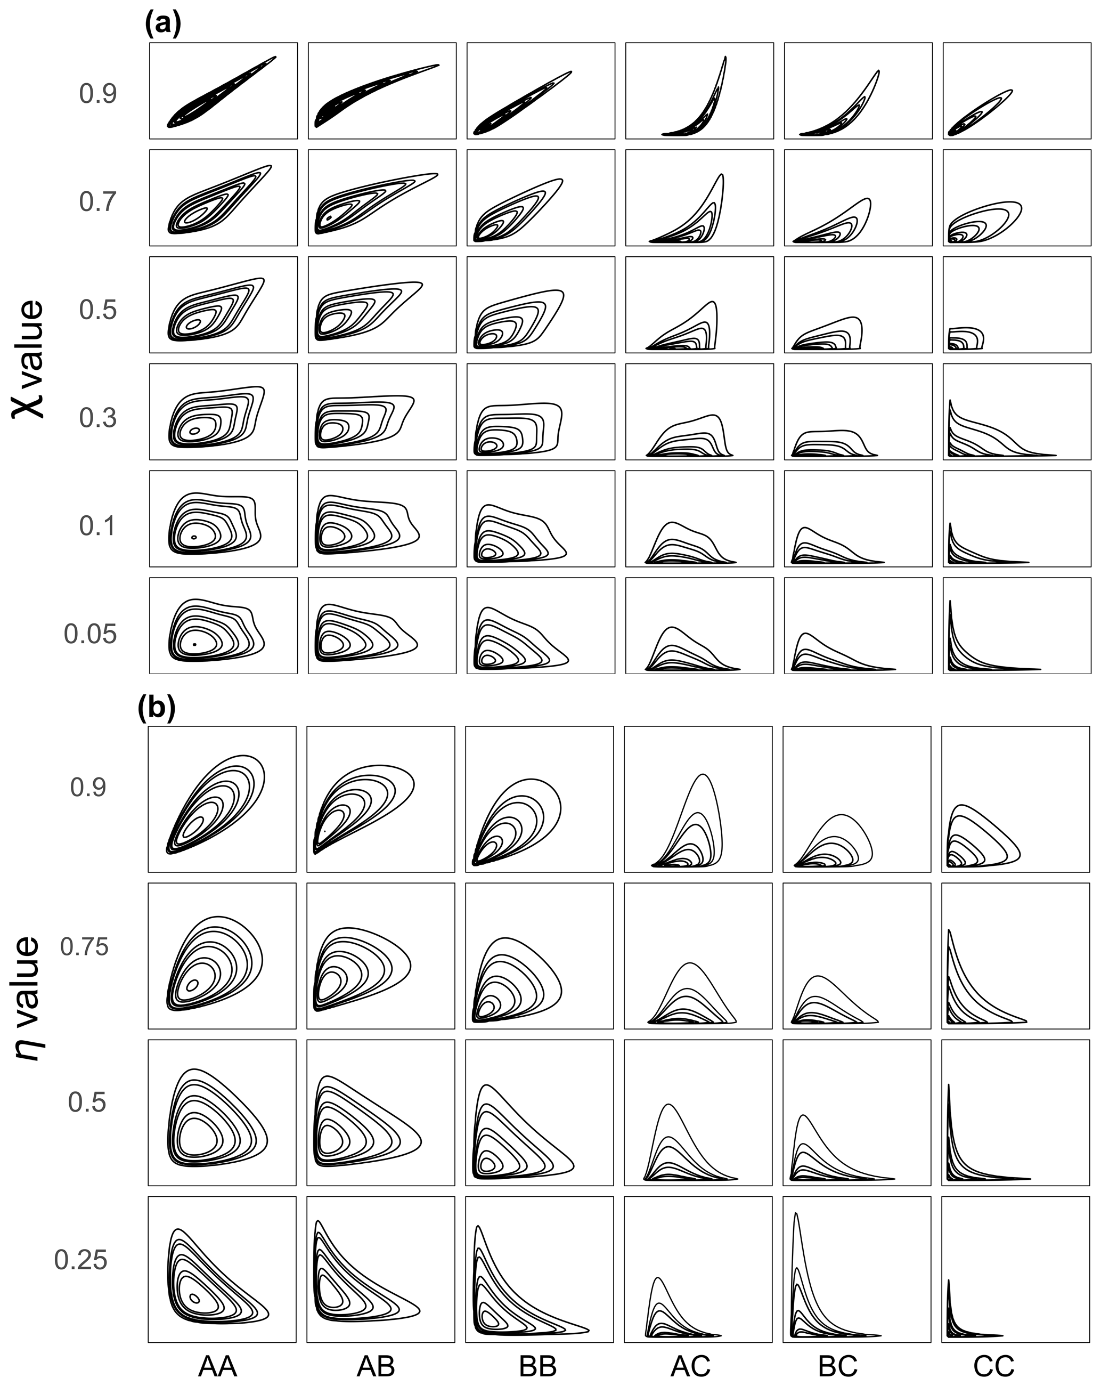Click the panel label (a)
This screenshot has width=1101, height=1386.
[163, 25]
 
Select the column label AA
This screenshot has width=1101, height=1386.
[218, 1366]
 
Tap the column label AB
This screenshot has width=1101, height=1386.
[376, 1366]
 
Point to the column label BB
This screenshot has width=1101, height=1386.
[537, 1366]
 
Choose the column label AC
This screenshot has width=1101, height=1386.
[691, 1366]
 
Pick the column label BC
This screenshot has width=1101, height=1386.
[837, 1366]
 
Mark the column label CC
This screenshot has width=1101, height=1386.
[993, 1366]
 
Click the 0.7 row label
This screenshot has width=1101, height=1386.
[97, 202]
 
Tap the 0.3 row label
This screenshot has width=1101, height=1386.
[97, 418]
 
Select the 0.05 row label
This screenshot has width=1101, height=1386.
[90, 634]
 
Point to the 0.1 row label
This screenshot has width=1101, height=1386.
[97, 526]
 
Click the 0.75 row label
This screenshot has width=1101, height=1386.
[84, 947]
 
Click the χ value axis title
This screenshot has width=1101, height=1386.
[29, 360]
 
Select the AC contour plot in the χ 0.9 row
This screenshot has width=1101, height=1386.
[699, 91]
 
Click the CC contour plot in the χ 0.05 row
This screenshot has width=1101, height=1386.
[1017, 626]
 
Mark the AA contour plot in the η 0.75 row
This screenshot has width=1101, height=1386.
[222, 956]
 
